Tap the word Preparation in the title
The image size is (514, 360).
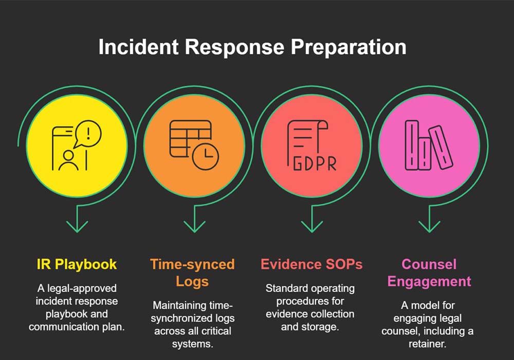[x=348, y=47]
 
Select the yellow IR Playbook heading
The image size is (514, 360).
[x=77, y=265]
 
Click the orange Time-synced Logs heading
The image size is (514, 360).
[x=192, y=273]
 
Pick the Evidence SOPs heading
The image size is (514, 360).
[x=311, y=265]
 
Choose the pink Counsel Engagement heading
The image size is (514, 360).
[x=429, y=273]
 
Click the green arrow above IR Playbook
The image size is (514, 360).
[x=77, y=224]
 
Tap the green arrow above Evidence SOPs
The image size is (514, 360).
[x=311, y=224]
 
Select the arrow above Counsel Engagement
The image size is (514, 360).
[x=429, y=224]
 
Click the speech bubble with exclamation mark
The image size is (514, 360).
[x=88, y=135]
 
